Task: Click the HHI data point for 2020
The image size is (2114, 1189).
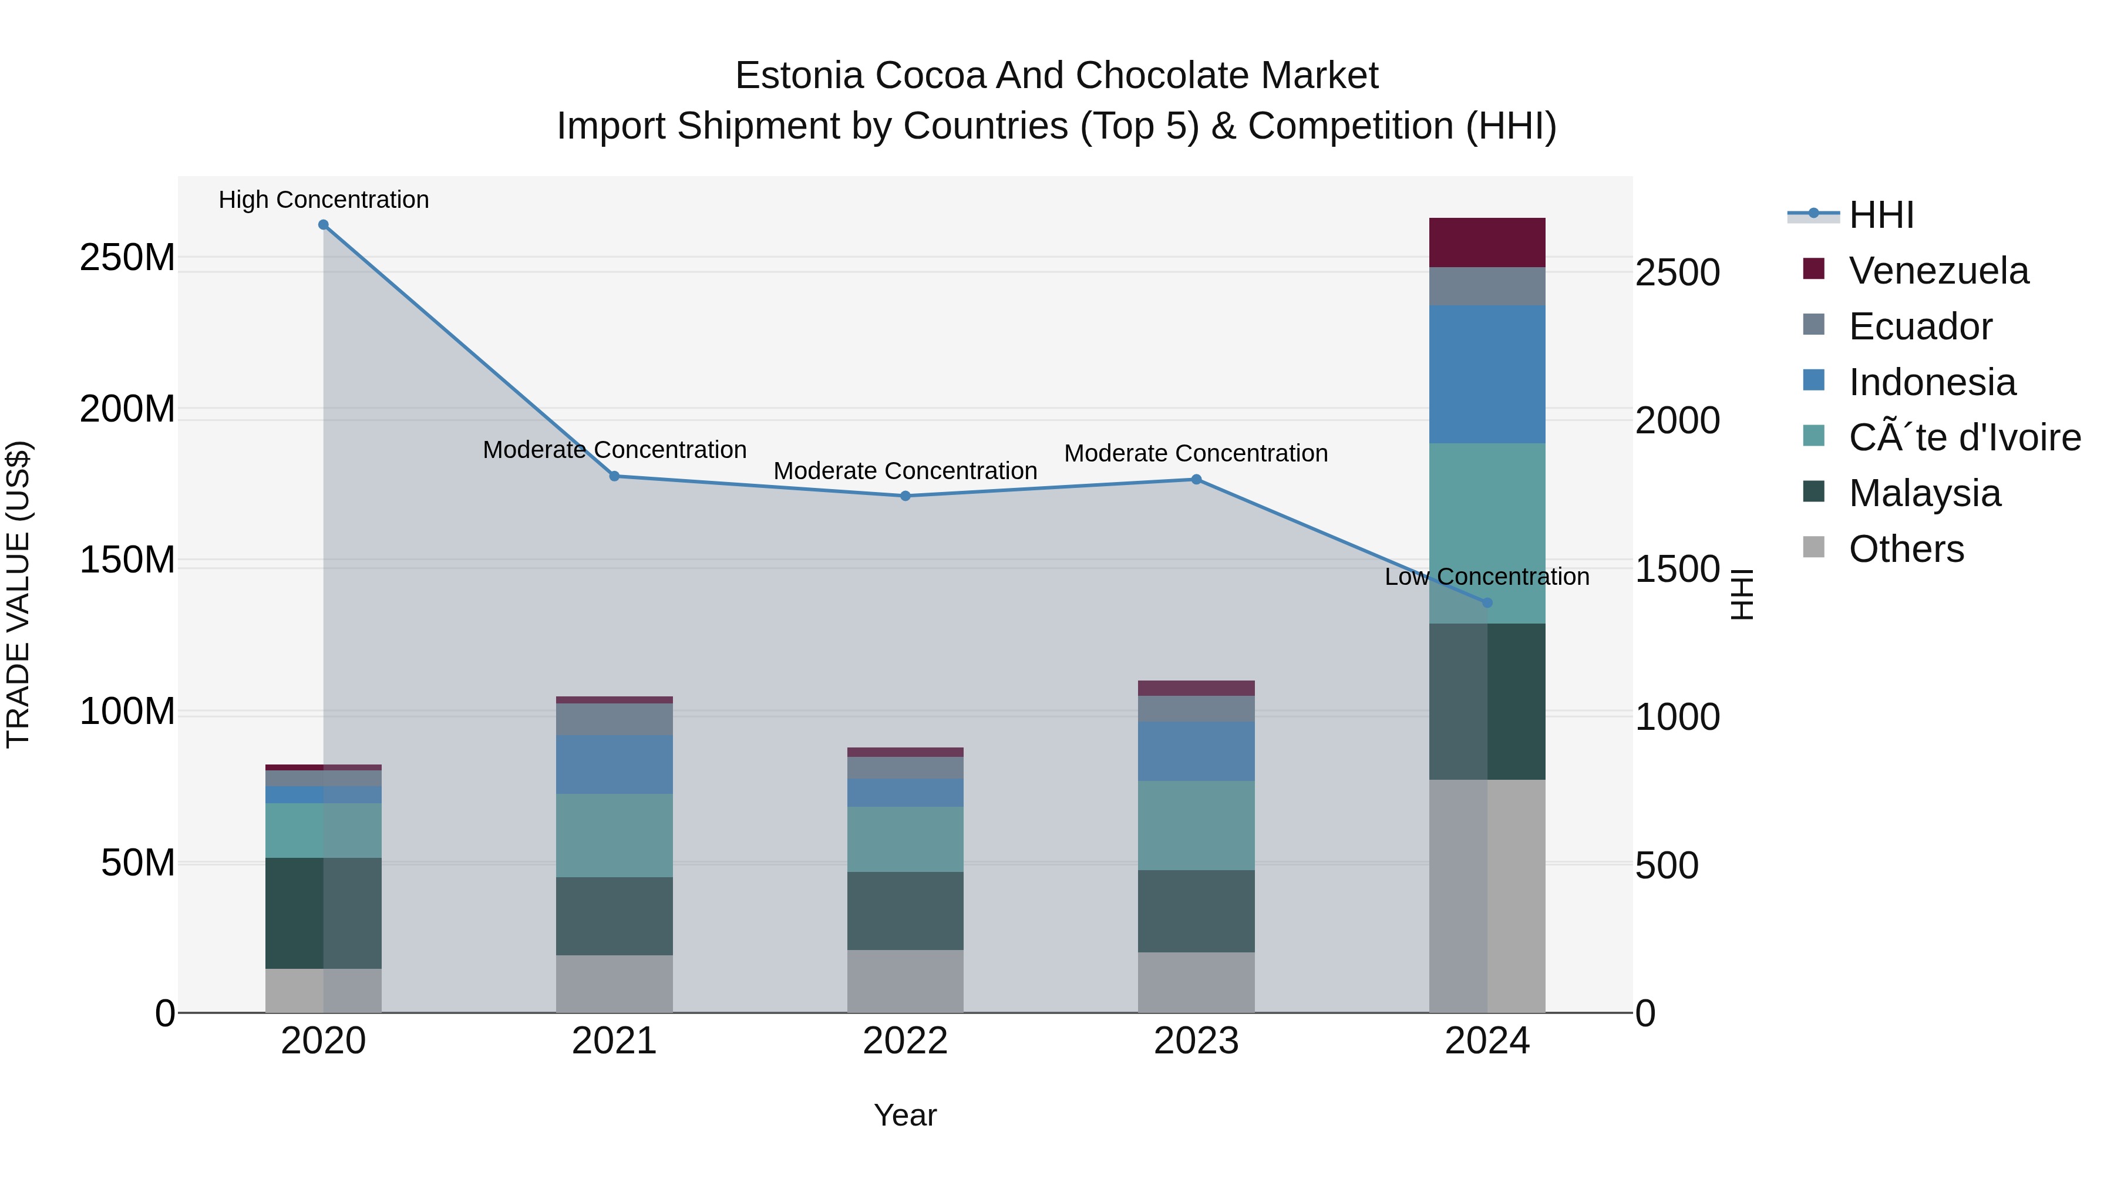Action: coord(324,225)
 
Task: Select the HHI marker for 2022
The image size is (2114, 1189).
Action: coord(905,496)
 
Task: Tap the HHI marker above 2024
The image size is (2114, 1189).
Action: coord(1487,602)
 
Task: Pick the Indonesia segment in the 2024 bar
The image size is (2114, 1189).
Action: coord(1487,374)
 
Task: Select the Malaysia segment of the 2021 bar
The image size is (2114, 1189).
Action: coord(614,916)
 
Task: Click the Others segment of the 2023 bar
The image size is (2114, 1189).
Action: coord(1196,982)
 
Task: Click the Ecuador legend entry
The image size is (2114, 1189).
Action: coord(1920,326)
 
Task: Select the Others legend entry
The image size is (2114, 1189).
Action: coord(1906,549)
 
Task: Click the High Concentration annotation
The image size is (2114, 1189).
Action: coord(324,200)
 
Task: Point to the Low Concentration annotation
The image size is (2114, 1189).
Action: coord(1486,577)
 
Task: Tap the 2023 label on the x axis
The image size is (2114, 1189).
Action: coord(1196,1041)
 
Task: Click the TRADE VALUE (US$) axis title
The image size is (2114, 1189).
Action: coord(18,594)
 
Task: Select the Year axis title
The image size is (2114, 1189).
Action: coord(905,1115)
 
